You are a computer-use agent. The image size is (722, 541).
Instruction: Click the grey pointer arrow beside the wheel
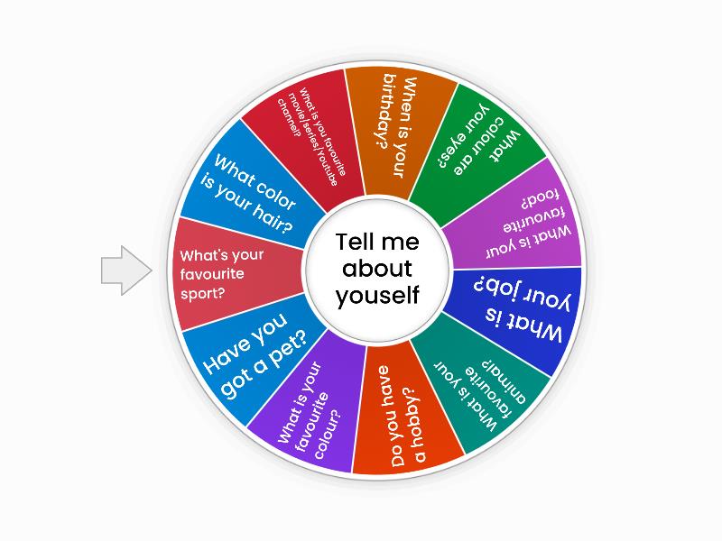point(126,270)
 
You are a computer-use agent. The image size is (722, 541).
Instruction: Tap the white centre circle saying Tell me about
point(377,269)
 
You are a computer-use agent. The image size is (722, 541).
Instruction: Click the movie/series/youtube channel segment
point(309,138)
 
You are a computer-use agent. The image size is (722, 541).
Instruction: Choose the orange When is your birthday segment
point(396,129)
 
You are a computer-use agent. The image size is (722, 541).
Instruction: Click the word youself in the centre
point(377,296)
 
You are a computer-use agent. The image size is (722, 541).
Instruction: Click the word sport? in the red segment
point(202,294)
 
